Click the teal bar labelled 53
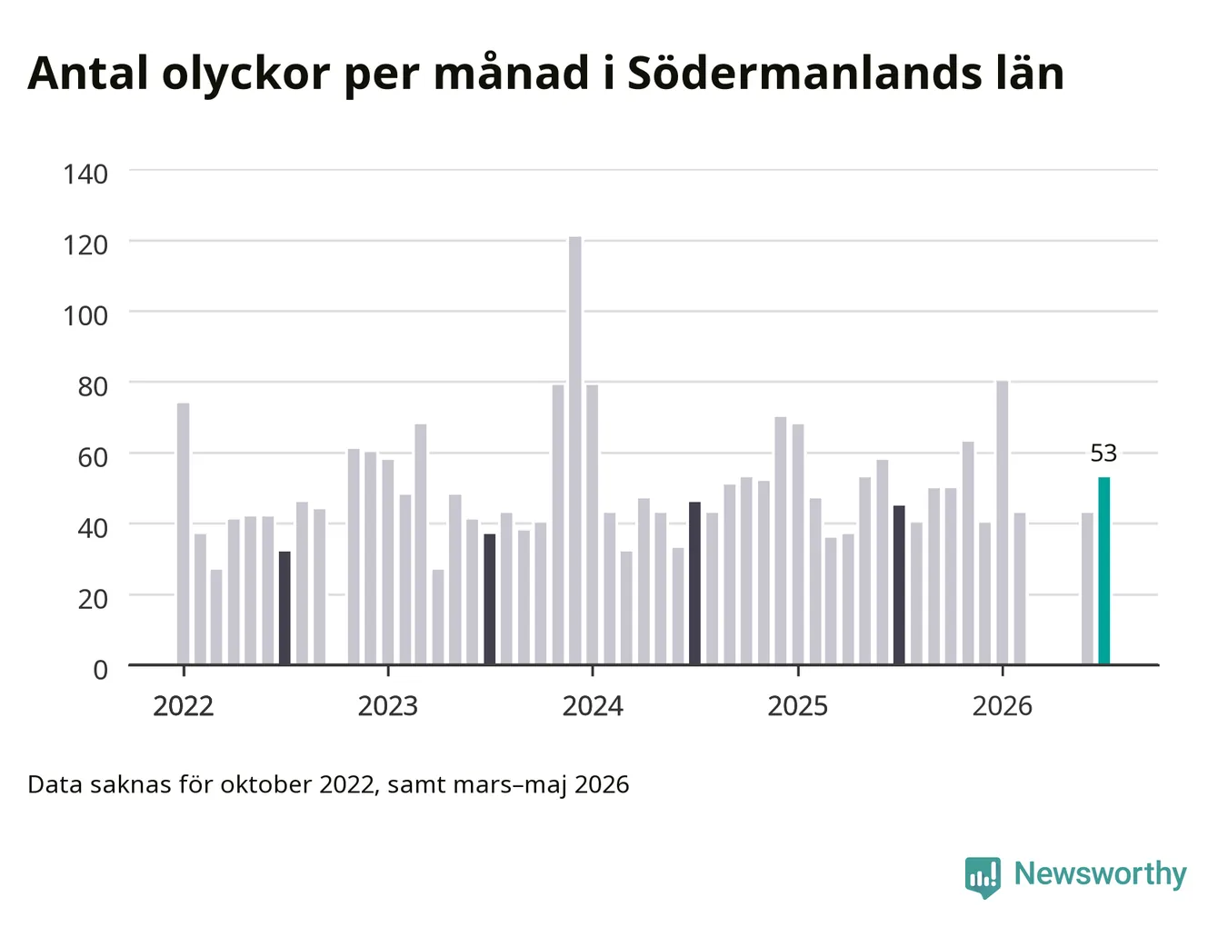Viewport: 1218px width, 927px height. (x=1103, y=571)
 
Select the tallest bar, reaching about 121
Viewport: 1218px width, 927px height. (x=574, y=451)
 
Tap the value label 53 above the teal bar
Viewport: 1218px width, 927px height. (x=1103, y=454)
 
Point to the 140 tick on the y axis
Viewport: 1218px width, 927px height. (x=85, y=174)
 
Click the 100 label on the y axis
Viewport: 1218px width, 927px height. (x=85, y=316)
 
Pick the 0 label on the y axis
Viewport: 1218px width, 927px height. (x=100, y=670)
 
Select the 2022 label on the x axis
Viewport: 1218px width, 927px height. (x=183, y=706)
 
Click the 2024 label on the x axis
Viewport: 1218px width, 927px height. (x=593, y=706)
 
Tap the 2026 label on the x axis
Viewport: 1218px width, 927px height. (x=1003, y=706)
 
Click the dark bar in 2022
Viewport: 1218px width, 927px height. (x=285, y=607)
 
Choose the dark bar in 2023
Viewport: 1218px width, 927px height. (x=489, y=599)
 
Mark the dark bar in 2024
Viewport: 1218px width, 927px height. (x=694, y=583)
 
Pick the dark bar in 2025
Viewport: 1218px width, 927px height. (x=899, y=584)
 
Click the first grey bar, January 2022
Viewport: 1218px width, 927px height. (x=183, y=533)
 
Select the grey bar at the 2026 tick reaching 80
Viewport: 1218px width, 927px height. (x=1002, y=523)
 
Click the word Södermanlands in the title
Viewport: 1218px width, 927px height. (x=804, y=74)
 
